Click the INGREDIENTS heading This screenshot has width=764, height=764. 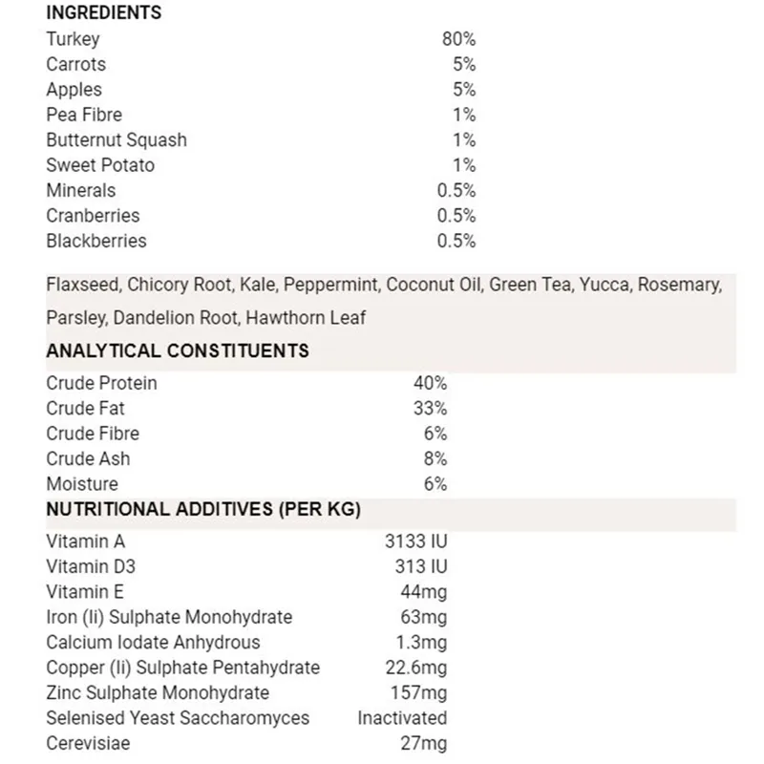pyautogui.click(x=104, y=13)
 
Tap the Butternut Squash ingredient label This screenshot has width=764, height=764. pyautogui.click(x=117, y=139)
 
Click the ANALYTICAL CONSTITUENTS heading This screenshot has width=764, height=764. pyautogui.click(x=178, y=350)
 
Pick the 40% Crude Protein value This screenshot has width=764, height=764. pyautogui.click(x=430, y=383)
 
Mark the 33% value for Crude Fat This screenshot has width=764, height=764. pyautogui.click(x=430, y=408)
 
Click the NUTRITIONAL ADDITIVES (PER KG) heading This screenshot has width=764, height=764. pyautogui.click(x=203, y=509)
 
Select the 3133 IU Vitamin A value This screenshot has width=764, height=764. pyautogui.click(x=415, y=541)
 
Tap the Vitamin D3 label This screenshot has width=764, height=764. pyautogui.click(x=91, y=566)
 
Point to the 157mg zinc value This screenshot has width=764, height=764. pyautogui.click(x=420, y=692)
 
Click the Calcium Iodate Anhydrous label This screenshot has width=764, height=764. pyautogui.click(x=153, y=642)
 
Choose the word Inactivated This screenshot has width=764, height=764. pyautogui.click(x=402, y=717)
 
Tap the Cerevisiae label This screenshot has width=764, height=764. pyautogui.click(x=88, y=743)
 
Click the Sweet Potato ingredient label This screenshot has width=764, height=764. pyautogui.click(x=100, y=165)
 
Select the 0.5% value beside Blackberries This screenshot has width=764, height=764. pyautogui.click(x=456, y=241)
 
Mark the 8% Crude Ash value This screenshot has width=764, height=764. pyautogui.click(x=435, y=458)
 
